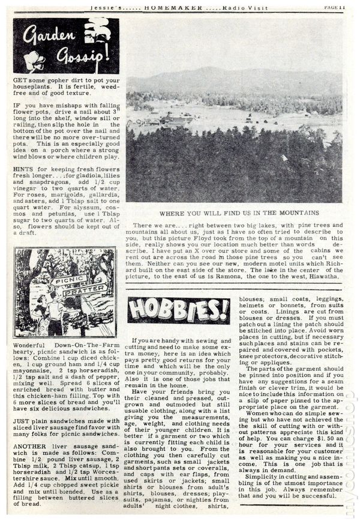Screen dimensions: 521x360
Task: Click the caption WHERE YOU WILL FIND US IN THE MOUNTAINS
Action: pos(236,212)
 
